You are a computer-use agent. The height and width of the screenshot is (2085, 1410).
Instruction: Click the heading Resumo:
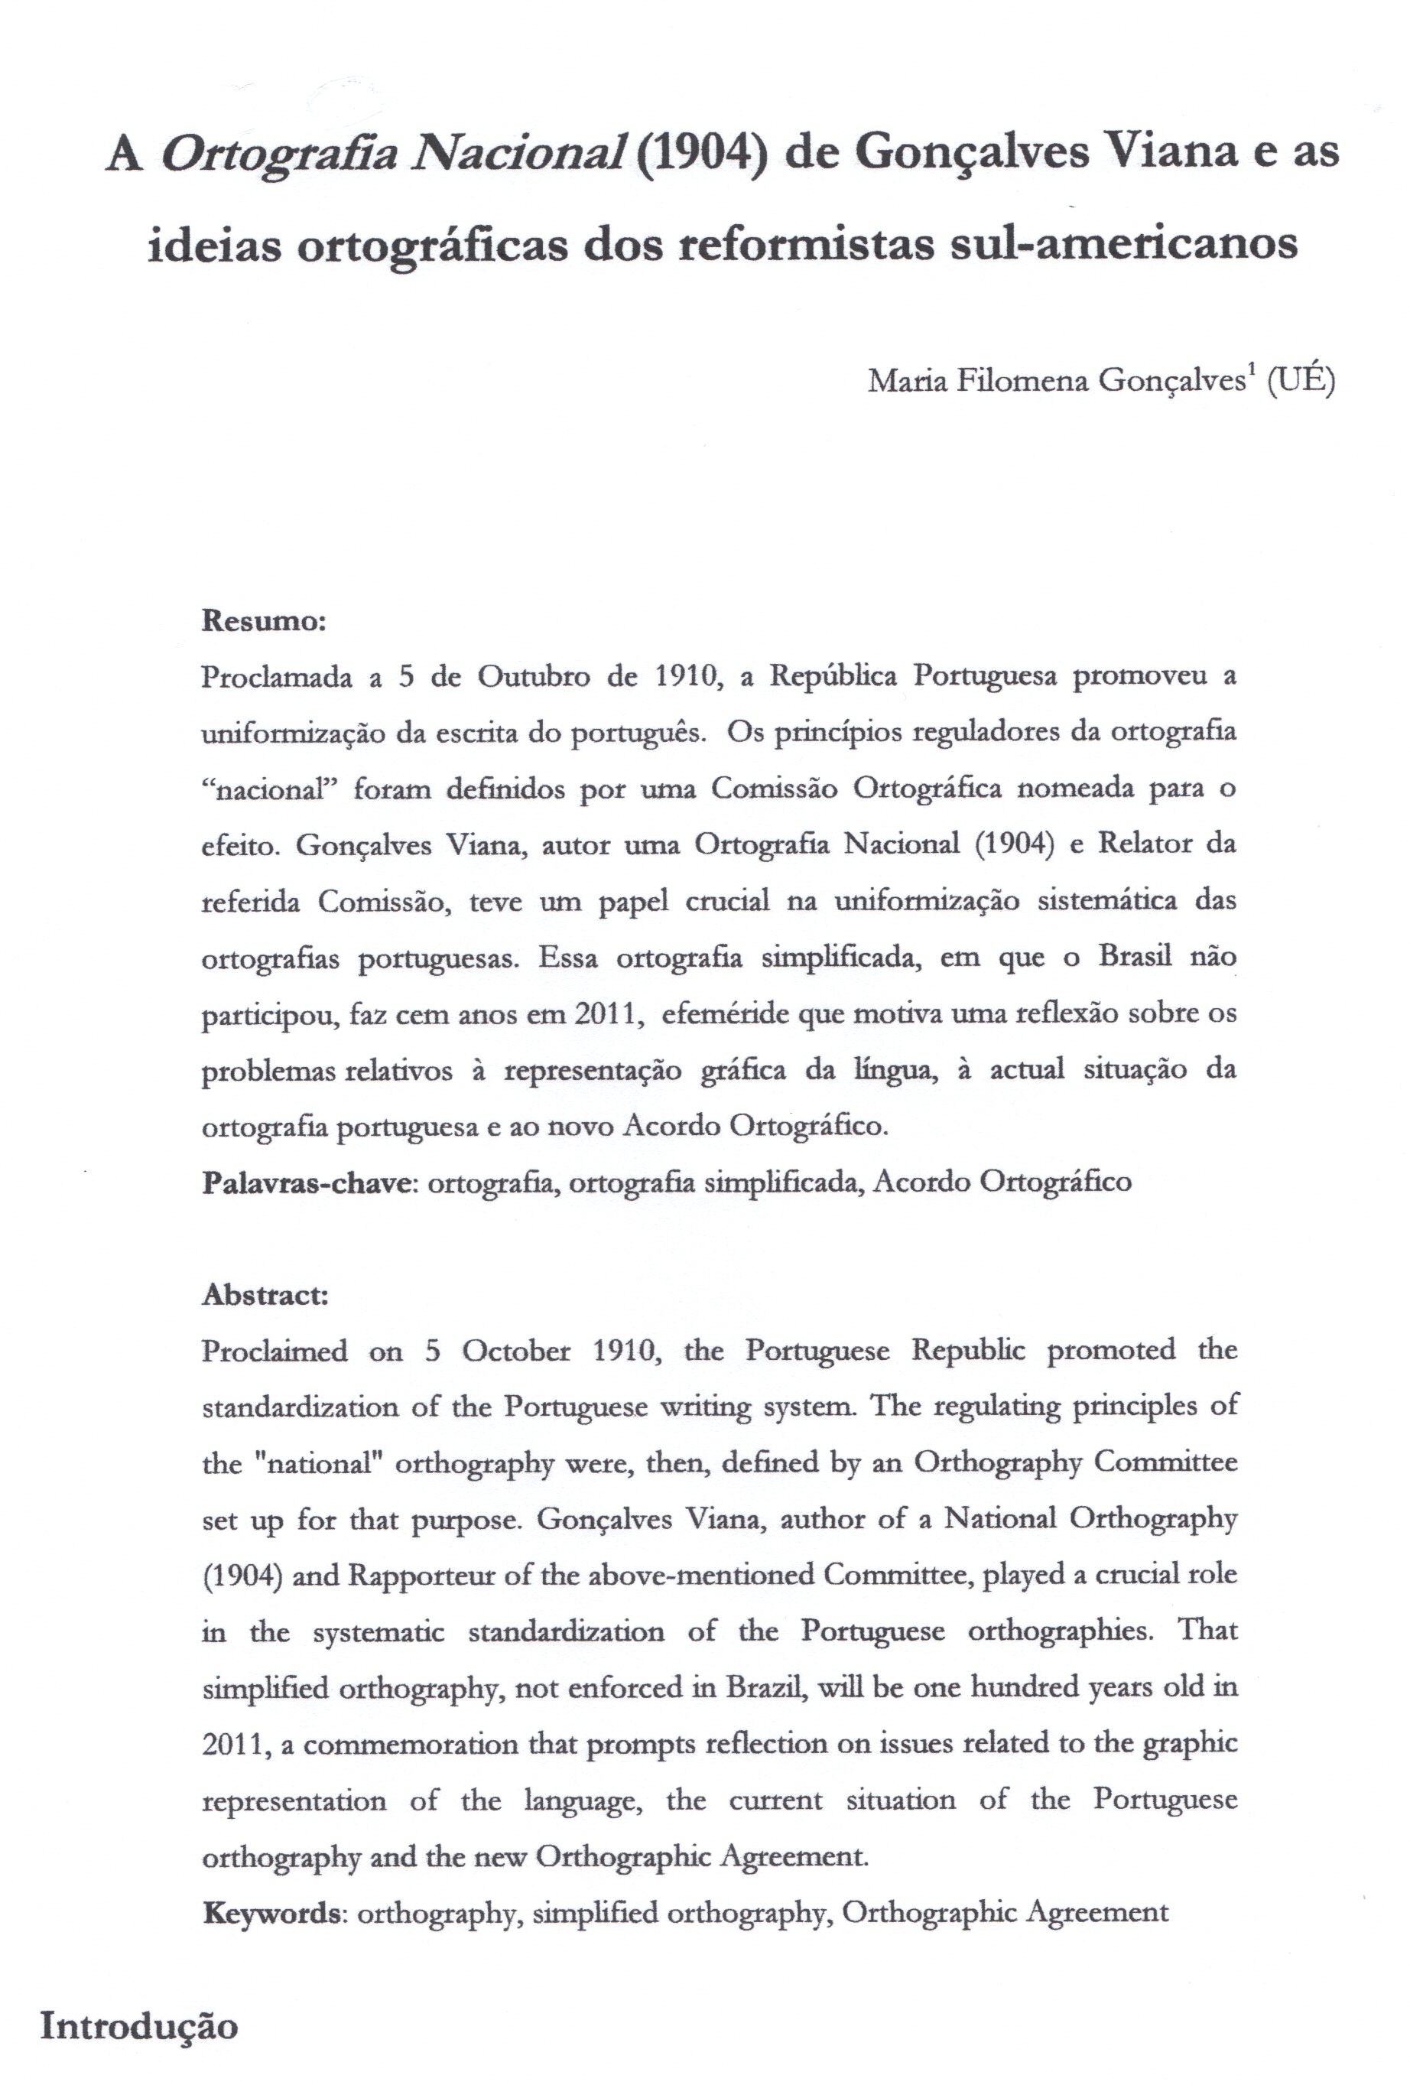pyautogui.click(x=264, y=621)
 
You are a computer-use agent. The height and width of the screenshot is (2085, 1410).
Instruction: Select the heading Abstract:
pyautogui.click(x=265, y=1295)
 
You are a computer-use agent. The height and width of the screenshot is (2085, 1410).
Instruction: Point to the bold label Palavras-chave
pyautogui.click(x=305, y=1183)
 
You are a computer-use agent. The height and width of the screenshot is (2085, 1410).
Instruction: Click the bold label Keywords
pyautogui.click(x=271, y=1913)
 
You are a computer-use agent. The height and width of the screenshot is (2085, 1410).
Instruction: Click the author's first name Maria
pyautogui.click(x=907, y=382)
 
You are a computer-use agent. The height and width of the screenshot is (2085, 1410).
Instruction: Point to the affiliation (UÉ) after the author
pyautogui.click(x=1301, y=382)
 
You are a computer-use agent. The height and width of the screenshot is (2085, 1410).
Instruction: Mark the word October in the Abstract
pyautogui.click(x=515, y=1352)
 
